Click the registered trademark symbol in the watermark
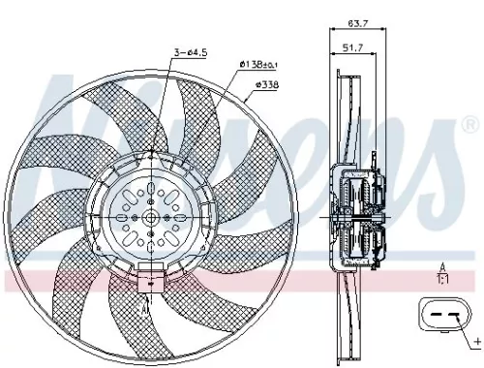pos(470,123)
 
